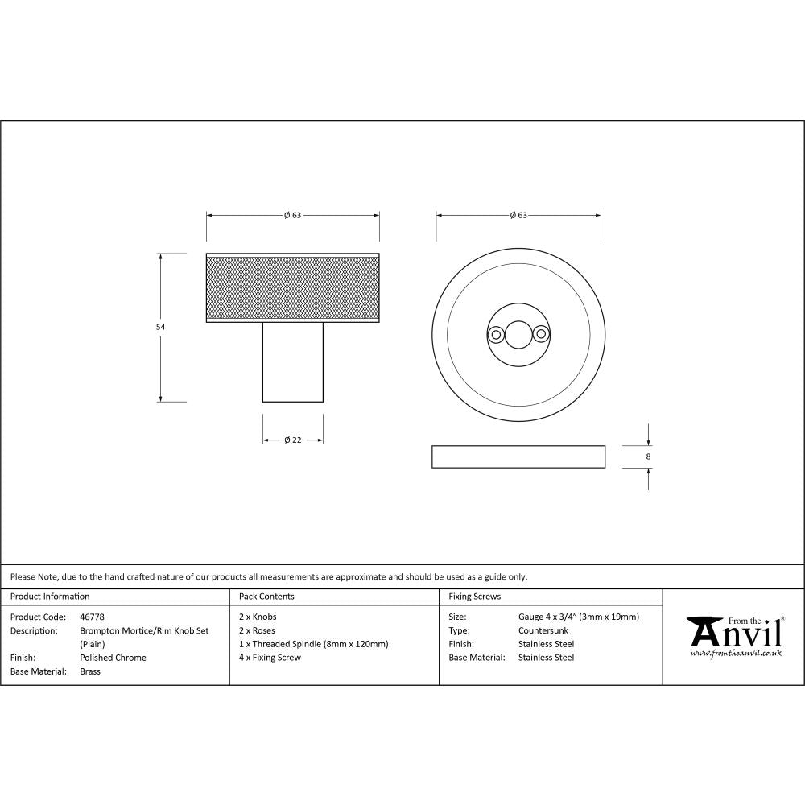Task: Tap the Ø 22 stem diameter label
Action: click(x=292, y=440)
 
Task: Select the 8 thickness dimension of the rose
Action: click(x=648, y=456)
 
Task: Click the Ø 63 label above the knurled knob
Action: click(x=292, y=215)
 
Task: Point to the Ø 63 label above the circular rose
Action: click(x=518, y=215)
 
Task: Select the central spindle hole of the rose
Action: click(x=518, y=332)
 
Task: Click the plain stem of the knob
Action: click(x=293, y=361)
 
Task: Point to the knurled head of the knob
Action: click(x=293, y=287)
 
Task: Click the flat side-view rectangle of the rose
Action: click(x=518, y=456)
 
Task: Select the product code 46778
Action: click(x=92, y=617)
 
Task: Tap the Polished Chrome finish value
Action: click(x=113, y=658)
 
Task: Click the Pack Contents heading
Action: click(x=266, y=597)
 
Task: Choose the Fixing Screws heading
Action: click(x=474, y=597)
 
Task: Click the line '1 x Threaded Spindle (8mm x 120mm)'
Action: click(x=313, y=644)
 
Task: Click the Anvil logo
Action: click(x=734, y=632)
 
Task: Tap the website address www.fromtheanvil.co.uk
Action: click(x=736, y=654)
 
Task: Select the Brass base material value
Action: click(x=90, y=671)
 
